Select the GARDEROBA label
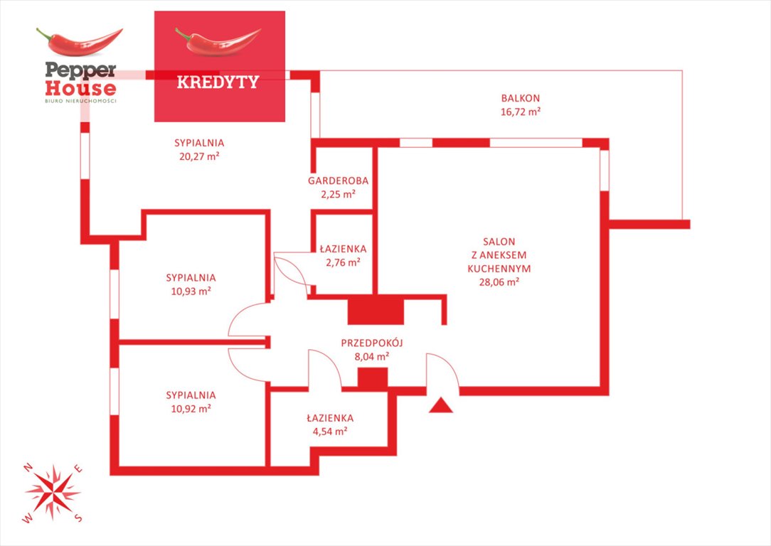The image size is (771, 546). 338,181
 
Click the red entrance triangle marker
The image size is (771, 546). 442,405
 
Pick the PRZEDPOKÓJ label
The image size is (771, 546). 372,343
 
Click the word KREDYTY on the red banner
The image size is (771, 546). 217,82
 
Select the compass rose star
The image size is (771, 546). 53,491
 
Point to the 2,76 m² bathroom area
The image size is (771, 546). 343,262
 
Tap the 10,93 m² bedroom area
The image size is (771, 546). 191,291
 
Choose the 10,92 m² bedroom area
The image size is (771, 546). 191,409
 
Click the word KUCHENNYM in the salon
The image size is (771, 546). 499,269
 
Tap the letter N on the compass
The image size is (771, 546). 28,466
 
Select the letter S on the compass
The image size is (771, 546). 79,518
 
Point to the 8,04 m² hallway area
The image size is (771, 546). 372,356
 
